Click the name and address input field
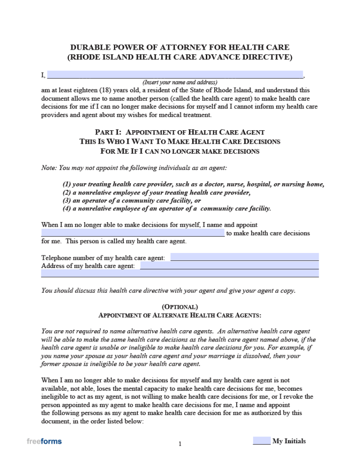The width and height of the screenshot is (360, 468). tap(175, 74)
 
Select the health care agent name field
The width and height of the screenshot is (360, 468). tap(133, 233)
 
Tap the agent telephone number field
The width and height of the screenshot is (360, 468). tap(244, 257)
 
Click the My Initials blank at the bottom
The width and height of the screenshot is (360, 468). tap(262, 441)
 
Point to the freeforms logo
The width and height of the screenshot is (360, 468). tap(44, 441)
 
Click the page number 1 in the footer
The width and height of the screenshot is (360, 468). tap(180, 444)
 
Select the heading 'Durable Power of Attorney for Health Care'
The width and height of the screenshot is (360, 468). tap(180, 47)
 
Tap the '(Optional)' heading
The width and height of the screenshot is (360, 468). tap(180, 306)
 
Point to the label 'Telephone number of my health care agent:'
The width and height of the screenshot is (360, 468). tap(103, 258)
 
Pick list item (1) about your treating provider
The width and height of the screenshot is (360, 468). tap(193, 185)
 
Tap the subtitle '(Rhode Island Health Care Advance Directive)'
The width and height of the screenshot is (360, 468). tap(180, 57)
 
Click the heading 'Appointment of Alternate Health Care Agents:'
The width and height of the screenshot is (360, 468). tap(180, 315)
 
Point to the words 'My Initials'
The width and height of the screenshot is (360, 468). tap(289, 441)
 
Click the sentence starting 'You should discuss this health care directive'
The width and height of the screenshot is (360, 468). tap(168, 290)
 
